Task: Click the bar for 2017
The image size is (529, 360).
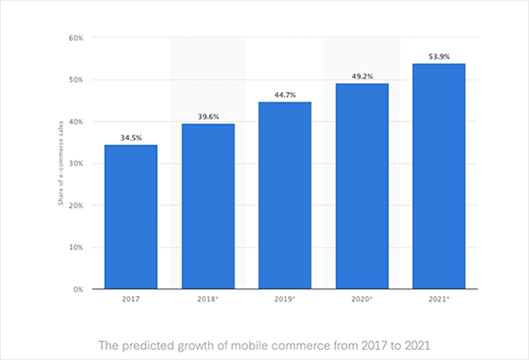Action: (x=131, y=217)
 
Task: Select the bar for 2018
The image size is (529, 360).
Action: (x=208, y=206)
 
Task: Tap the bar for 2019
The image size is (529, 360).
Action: (x=285, y=195)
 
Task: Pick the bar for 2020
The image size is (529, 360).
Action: (x=362, y=186)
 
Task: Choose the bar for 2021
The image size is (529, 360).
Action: (x=439, y=176)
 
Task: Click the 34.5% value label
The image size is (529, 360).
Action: (x=131, y=136)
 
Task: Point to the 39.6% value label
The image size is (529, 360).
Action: (x=208, y=116)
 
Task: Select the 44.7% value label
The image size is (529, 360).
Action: (x=285, y=95)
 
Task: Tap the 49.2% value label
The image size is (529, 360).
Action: (x=362, y=76)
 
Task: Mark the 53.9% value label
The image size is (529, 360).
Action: (x=439, y=56)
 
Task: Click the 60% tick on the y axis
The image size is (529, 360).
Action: (x=75, y=38)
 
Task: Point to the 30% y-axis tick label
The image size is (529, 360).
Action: (x=75, y=164)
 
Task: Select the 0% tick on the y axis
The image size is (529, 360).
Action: (x=77, y=289)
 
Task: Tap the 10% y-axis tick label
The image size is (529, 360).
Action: (x=75, y=247)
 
